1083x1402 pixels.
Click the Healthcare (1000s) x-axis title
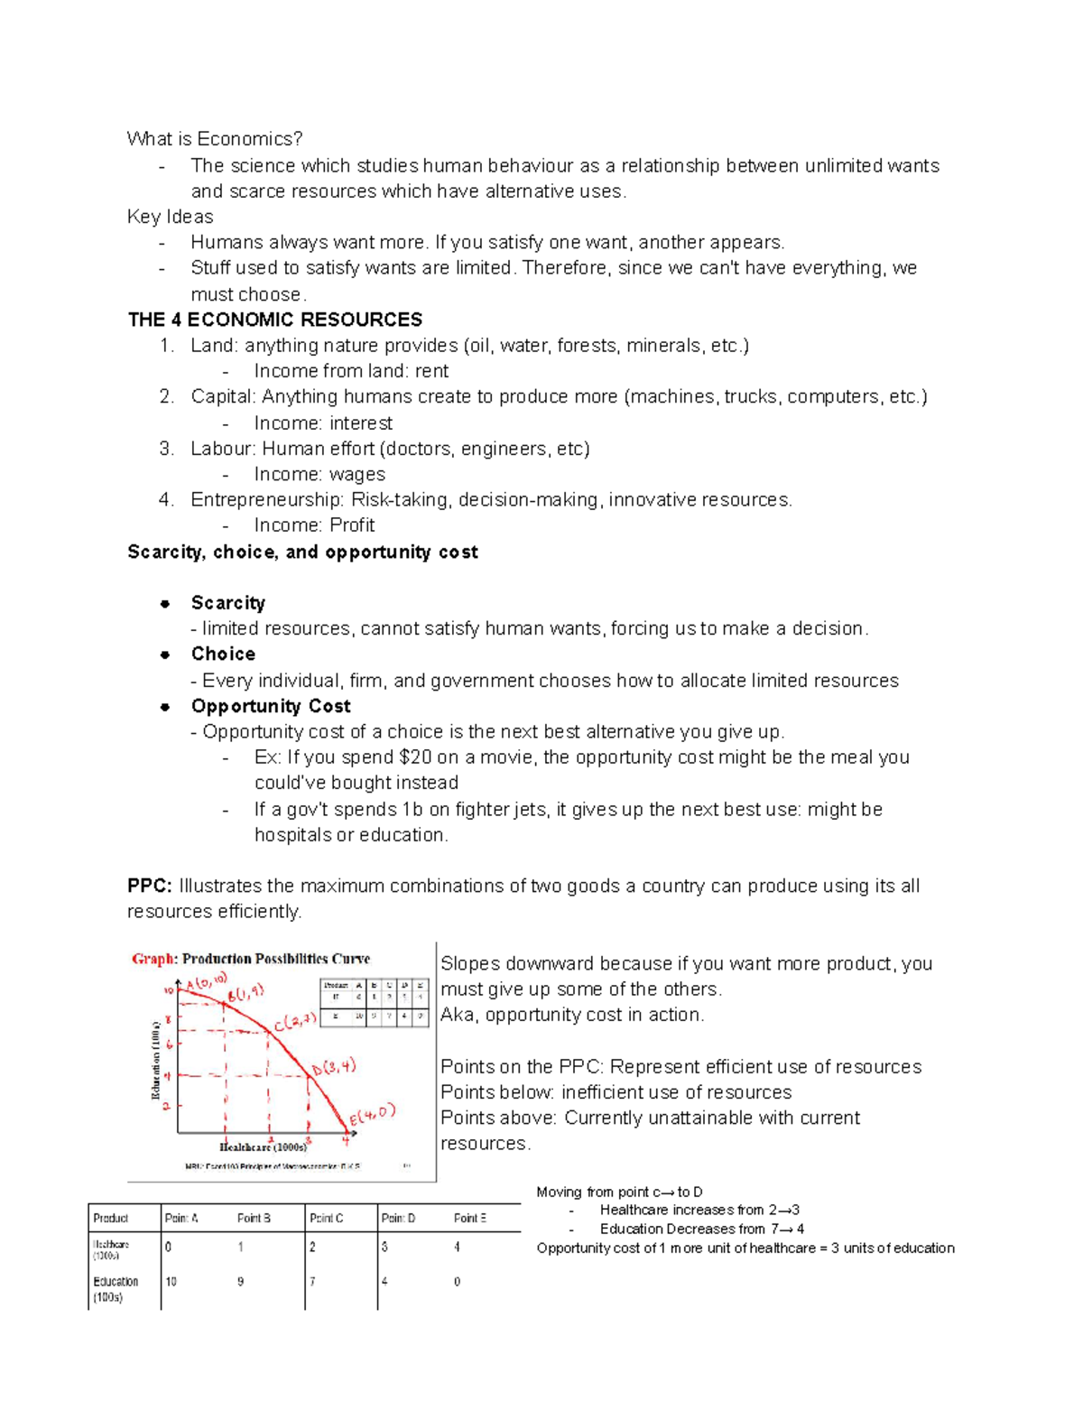coord(263,1147)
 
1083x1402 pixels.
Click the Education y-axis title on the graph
coord(155,1060)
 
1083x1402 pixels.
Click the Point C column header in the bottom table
coord(326,1218)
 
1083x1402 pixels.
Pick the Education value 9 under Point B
coord(240,1282)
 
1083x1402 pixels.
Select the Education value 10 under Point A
coord(171,1282)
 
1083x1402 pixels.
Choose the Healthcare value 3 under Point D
coord(384,1247)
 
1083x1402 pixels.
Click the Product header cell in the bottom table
coord(111,1218)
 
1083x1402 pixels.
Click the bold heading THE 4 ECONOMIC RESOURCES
coord(275,320)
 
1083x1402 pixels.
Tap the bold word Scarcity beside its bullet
coord(227,603)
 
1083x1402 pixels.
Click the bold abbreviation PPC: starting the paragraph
coord(149,886)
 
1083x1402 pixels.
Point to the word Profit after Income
coord(352,525)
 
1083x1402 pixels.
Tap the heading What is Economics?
coord(215,138)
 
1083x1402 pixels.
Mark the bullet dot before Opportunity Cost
coord(165,707)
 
